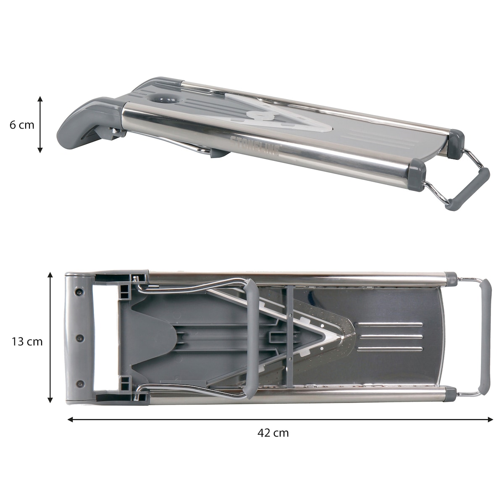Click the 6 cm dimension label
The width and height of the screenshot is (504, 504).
pyautogui.click(x=22, y=125)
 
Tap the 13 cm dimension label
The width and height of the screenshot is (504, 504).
pyautogui.click(x=27, y=341)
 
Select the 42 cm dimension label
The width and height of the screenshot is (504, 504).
pyautogui.click(x=273, y=433)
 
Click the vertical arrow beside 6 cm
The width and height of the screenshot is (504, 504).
pyautogui.click(x=40, y=124)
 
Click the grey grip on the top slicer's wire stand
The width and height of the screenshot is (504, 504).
pyautogui.click(x=467, y=189)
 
